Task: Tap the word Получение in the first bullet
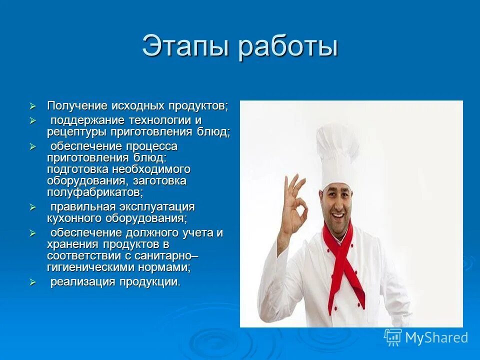pyautogui.click(x=77, y=106)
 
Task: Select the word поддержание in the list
pyautogui.click(x=87, y=120)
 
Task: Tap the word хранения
pyautogui.click(x=73, y=244)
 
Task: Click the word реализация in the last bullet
pyautogui.click(x=82, y=282)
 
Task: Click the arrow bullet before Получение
pyautogui.click(x=33, y=106)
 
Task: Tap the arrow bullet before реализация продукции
pyautogui.click(x=33, y=282)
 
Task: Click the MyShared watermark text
pyautogui.click(x=436, y=337)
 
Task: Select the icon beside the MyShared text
pyautogui.click(x=393, y=337)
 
